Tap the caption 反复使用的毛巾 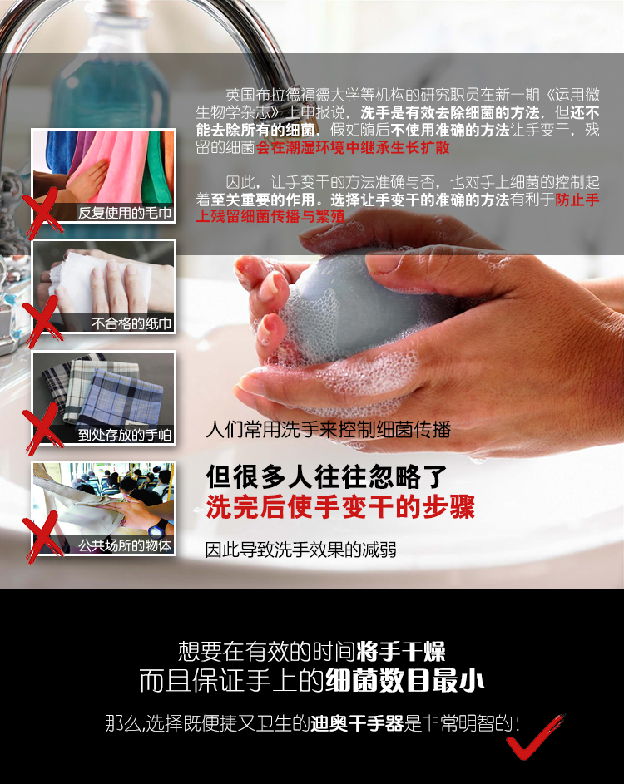[x=125, y=213]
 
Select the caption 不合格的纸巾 [x=131, y=323]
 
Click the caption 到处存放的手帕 [x=125, y=435]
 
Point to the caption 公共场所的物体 [x=125, y=545]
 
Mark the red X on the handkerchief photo [x=42, y=429]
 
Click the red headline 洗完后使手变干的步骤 [x=340, y=507]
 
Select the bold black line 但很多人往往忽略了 [x=326, y=476]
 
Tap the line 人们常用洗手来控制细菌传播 [x=329, y=430]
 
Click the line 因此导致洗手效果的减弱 [x=300, y=550]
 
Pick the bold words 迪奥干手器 [x=357, y=723]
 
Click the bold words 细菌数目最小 [x=404, y=681]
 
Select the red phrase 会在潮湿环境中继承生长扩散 [x=353, y=147]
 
